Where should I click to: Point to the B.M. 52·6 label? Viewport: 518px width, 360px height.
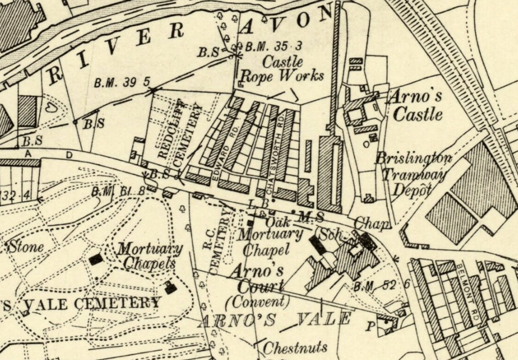click(x=382, y=286)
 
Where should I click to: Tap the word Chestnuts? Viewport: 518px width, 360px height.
click(x=295, y=348)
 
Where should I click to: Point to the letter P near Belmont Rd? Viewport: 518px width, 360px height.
click(x=369, y=326)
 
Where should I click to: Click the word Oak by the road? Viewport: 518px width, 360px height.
click(x=278, y=222)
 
